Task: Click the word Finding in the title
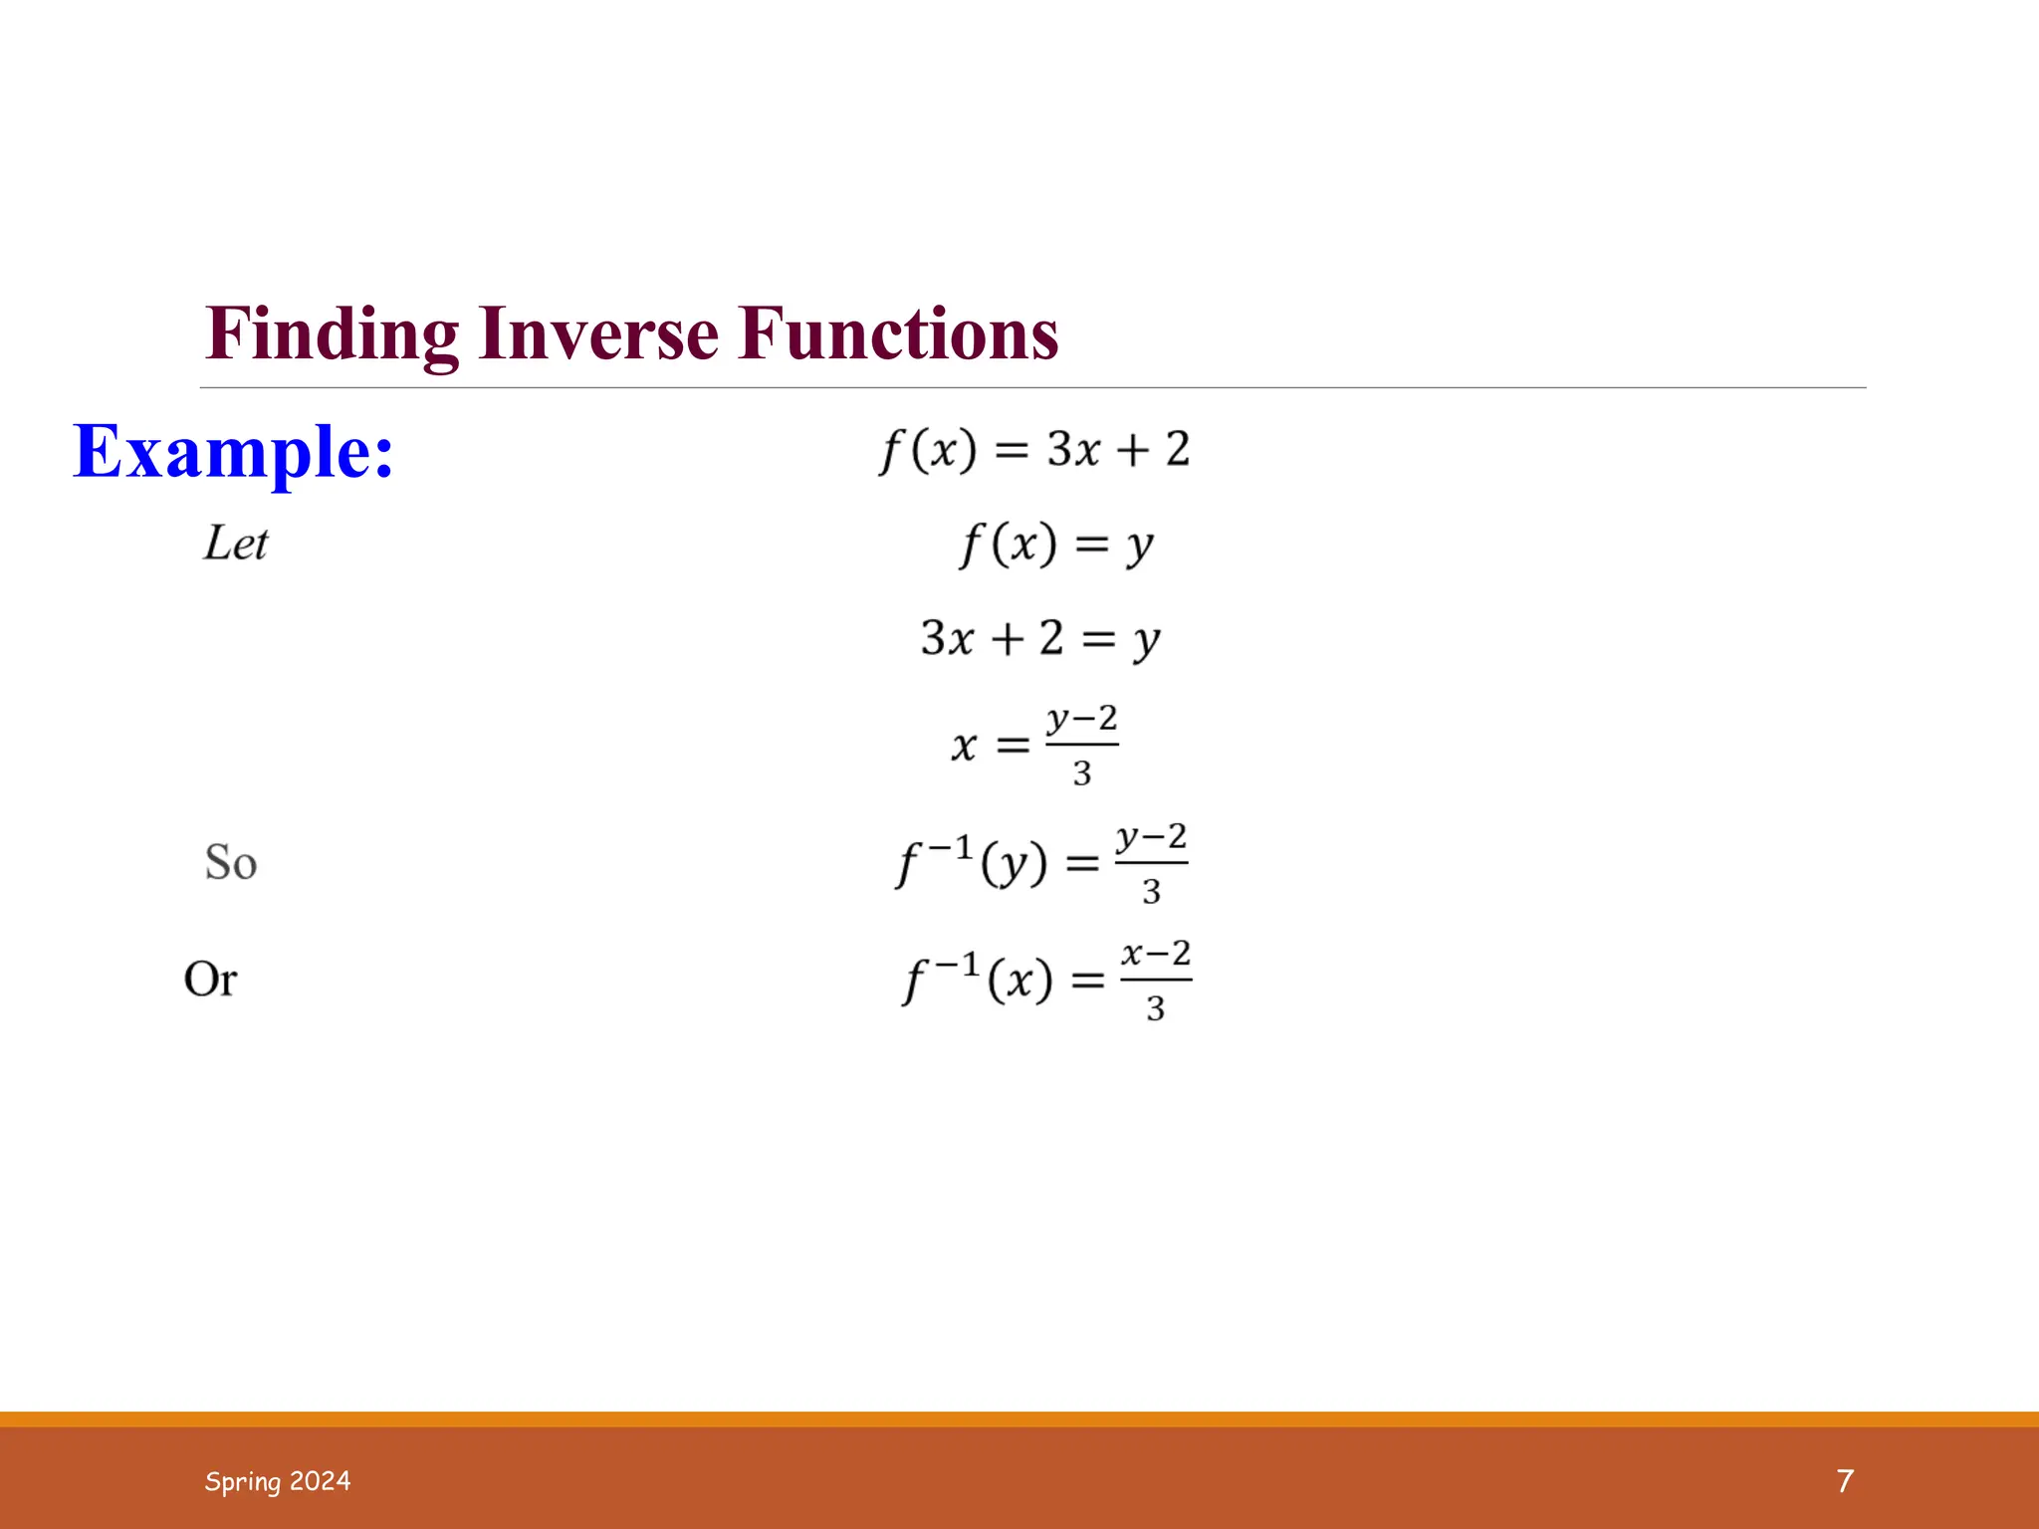(333, 335)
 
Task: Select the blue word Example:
(234, 453)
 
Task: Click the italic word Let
(236, 544)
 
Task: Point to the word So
(231, 862)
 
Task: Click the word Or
(210, 980)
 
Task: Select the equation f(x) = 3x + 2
(1034, 450)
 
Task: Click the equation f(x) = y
(1056, 546)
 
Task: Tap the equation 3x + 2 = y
(1040, 638)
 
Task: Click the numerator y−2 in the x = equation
(1081, 719)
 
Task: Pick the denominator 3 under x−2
(1155, 1009)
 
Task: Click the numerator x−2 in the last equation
(1156, 954)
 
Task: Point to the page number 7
(1845, 1481)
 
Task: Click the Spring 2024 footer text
(278, 1481)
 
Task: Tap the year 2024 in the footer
(321, 1481)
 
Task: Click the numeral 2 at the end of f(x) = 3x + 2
(1178, 450)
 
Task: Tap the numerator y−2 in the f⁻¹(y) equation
(1151, 837)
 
